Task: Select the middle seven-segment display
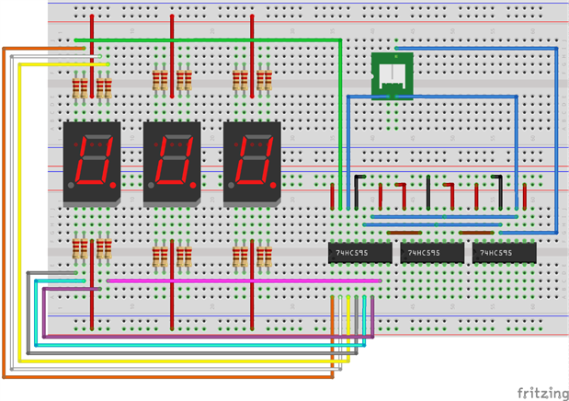(x=172, y=162)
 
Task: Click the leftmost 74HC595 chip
(x=360, y=252)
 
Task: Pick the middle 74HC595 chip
(x=431, y=252)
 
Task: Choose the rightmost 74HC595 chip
(x=504, y=252)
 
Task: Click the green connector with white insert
(x=392, y=74)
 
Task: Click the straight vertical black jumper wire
(x=428, y=191)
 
